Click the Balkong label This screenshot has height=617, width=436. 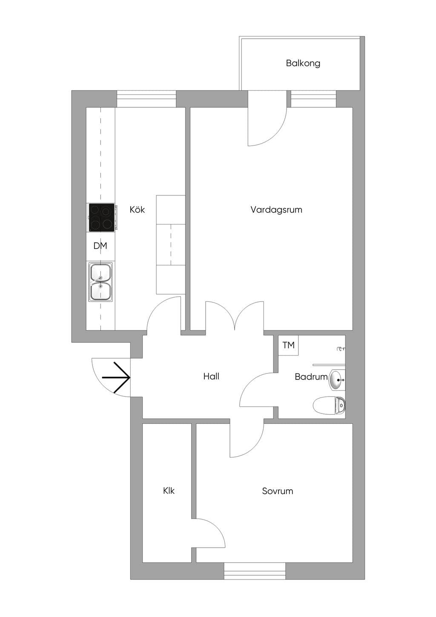(x=303, y=63)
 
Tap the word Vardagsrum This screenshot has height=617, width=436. (x=276, y=209)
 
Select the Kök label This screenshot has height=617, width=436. (x=137, y=209)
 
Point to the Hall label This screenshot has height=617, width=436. (x=211, y=376)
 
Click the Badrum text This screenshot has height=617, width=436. (x=311, y=376)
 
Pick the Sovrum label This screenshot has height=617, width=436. (x=277, y=491)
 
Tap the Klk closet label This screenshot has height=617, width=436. (x=169, y=491)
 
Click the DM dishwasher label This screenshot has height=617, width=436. (x=100, y=246)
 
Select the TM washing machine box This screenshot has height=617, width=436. (x=288, y=345)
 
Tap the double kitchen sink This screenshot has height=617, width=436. (x=100, y=281)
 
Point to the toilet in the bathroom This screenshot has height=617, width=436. (x=329, y=405)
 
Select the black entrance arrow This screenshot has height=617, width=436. (x=116, y=377)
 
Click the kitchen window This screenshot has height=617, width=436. (x=146, y=99)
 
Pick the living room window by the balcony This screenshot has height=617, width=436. (x=313, y=99)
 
